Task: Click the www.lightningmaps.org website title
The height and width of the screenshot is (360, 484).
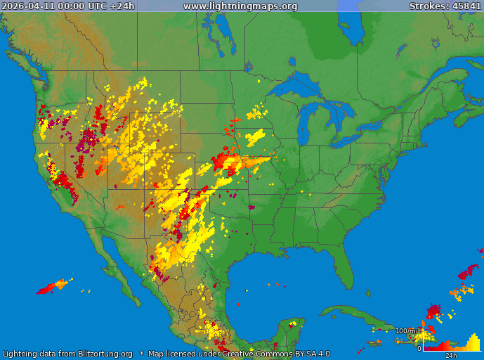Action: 240,6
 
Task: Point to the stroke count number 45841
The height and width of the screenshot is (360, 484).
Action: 467,6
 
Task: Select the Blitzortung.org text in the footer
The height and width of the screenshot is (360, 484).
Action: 98,354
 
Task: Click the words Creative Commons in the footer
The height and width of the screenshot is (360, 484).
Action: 263,354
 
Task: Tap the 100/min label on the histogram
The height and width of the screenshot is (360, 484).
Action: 409,330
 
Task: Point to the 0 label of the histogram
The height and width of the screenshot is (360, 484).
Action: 419,348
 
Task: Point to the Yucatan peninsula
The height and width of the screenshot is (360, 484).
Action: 289,329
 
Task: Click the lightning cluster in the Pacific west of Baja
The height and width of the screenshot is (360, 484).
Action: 53,287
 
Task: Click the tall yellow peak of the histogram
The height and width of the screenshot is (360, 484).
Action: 474,343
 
